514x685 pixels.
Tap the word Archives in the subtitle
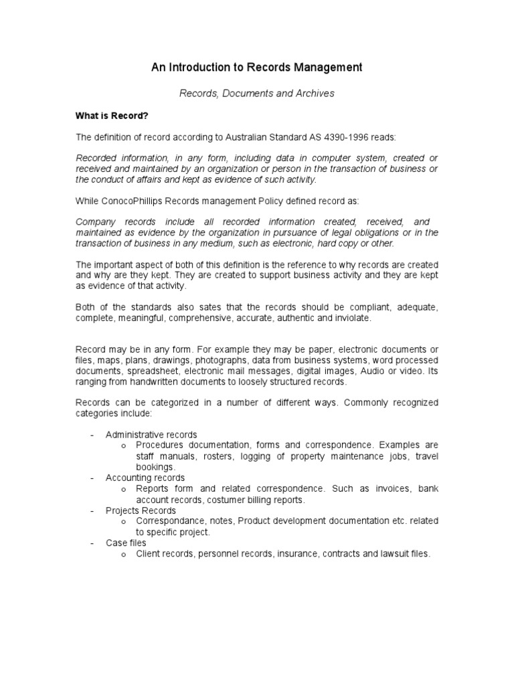click(315, 94)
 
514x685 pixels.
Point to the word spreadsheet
click(153, 371)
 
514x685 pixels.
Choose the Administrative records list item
click(151, 435)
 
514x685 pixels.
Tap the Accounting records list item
click(145, 478)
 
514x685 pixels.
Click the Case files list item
click(126, 543)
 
